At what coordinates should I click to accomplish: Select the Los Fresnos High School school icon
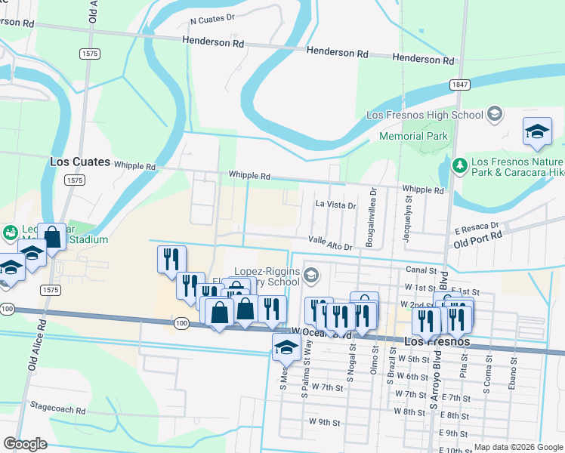(495, 115)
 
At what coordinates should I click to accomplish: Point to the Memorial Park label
(413, 137)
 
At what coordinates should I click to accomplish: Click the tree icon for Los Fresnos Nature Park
(458, 164)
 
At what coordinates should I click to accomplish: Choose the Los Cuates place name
(80, 162)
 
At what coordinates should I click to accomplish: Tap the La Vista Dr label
(335, 205)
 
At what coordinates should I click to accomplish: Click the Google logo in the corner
(25, 444)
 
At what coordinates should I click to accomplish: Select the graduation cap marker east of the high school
(537, 131)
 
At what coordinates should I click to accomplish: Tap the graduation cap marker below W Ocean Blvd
(286, 347)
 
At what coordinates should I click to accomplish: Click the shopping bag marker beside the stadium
(52, 236)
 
